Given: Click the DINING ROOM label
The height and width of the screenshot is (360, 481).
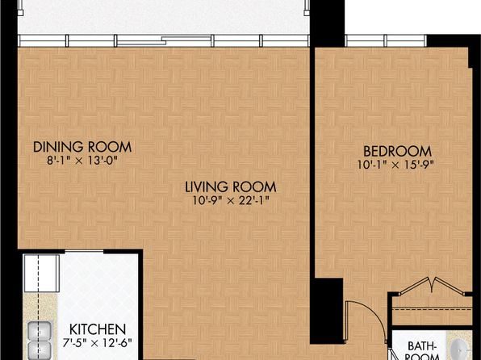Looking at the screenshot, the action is coord(82,147).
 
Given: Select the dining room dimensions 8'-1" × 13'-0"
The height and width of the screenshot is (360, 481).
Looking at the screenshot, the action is coord(82,161).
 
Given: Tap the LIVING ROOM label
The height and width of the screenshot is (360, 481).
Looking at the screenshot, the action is coord(231,187).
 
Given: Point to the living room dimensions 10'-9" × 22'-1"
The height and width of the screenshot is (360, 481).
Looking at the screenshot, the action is coord(231,200).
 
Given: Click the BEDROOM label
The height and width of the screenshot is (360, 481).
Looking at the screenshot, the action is coord(397,151).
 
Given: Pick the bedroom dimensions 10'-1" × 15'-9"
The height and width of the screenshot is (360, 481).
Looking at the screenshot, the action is coord(395,165).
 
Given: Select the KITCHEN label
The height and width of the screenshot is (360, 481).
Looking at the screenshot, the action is coord(98,329).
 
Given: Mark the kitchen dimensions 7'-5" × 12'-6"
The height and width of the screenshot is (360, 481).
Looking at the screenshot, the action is coord(97,343).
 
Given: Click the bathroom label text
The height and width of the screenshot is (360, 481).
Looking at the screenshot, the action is coord(422,352).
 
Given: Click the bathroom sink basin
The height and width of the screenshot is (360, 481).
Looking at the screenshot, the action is coord(461,350).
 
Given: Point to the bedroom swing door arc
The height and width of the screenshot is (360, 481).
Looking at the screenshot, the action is coord(374,312).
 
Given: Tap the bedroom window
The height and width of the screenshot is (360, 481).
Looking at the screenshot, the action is coord(386,40).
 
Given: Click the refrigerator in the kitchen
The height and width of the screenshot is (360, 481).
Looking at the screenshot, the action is coord(42,273).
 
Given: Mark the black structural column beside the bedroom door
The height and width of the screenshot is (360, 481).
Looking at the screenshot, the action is coord(327,311).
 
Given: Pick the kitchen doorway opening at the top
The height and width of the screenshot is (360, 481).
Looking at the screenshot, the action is coord(84,252).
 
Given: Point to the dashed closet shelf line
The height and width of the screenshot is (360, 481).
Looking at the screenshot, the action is coord(433,309).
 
